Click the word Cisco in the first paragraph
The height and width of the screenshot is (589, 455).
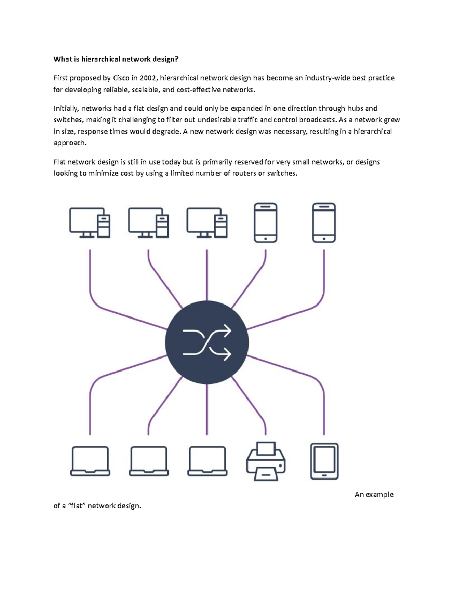point(121,78)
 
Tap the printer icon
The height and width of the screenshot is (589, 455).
point(265,462)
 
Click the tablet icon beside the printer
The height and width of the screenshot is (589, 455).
point(324,462)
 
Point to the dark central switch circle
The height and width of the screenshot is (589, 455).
point(207,342)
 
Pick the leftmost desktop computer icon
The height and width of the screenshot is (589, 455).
point(89,223)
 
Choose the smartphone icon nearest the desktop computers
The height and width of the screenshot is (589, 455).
point(265,223)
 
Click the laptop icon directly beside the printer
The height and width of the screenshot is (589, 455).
point(207,462)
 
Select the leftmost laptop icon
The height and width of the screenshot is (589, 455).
point(90,462)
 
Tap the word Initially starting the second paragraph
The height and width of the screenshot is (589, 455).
point(66,109)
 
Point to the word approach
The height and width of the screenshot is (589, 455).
point(70,143)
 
